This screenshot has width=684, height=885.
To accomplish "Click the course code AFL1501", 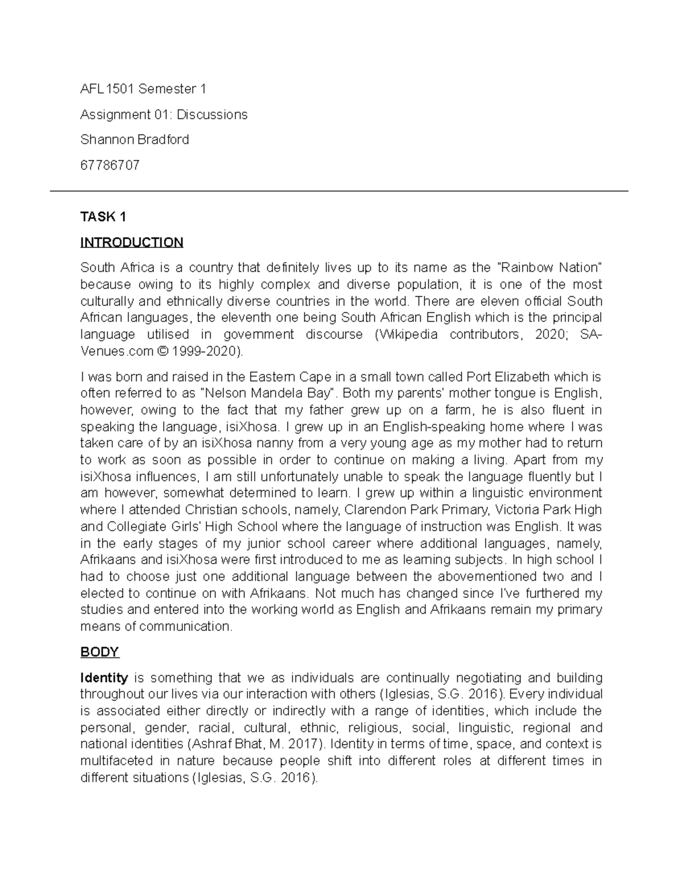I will (107, 89).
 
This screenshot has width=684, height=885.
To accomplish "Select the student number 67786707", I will (109, 165).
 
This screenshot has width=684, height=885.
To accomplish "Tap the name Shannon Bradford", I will (135, 140).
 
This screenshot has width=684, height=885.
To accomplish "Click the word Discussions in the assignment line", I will (211, 115).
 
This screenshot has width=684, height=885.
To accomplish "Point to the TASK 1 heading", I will (103, 217).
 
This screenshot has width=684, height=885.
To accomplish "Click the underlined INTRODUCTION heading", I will (132, 242).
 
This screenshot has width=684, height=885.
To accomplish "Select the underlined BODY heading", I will (99, 652).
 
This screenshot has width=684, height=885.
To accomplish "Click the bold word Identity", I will (104, 678).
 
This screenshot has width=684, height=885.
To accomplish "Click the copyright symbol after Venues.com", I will (162, 351).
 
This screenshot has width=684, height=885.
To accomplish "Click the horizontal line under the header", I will (339, 191).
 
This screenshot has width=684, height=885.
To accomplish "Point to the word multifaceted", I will (116, 761).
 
